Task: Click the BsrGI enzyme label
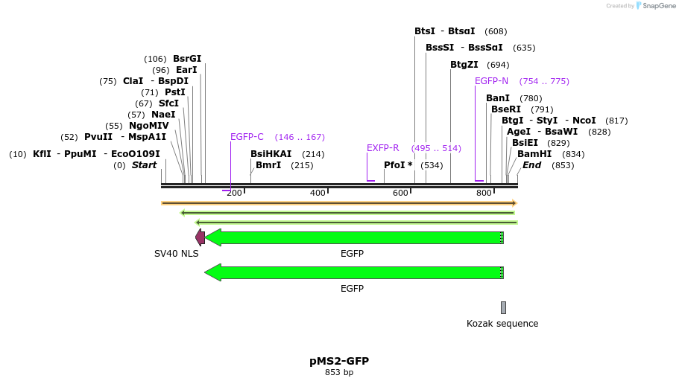pyautogui.click(x=187, y=59)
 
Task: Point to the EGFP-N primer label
pyautogui.click(x=491, y=81)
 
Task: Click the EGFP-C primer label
pyautogui.click(x=247, y=137)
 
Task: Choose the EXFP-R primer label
pyautogui.click(x=383, y=148)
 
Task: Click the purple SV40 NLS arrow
pyautogui.click(x=200, y=237)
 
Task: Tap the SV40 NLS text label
pyautogui.click(x=177, y=254)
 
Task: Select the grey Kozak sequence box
pyautogui.click(x=503, y=307)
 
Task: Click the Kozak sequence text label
pyautogui.click(x=502, y=324)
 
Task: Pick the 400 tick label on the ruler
pyautogui.click(x=318, y=193)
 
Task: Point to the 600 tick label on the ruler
pyautogui.click(x=401, y=193)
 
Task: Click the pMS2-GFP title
pyautogui.click(x=339, y=361)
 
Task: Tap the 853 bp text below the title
pyautogui.click(x=339, y=372)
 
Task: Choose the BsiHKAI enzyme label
pyautogui.click(x=271, y=154)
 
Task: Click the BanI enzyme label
pyautogui.click(x=498, y=98)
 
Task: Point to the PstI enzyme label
pyautogui.click(x=175, y=92)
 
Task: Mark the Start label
pyautogui.click(x=144, y=165)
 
